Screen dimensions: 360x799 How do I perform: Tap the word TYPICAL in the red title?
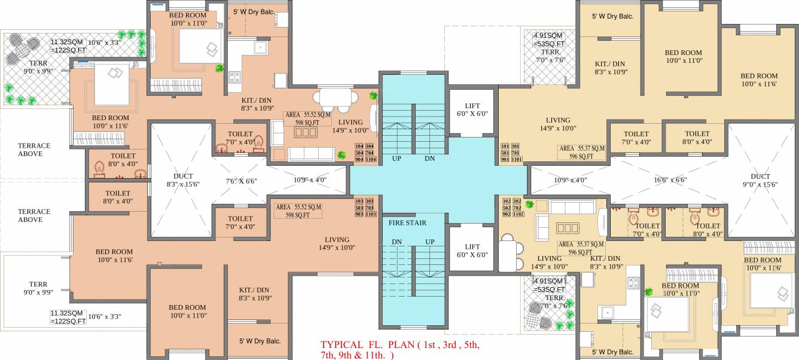click(341, 345)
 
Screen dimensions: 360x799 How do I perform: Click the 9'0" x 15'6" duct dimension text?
click(760, 185)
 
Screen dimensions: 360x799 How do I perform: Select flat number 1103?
click(370, 214)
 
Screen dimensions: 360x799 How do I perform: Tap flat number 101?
click(504, 146)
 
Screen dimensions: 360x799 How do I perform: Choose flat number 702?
click(517, 208)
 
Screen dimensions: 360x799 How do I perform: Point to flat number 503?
click(359, 208)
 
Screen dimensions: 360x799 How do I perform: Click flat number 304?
click(369, 147)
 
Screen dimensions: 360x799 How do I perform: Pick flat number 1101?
click(517, 159)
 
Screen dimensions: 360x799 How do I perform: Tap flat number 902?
click(507, 214)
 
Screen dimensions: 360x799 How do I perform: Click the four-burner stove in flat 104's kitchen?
click(234, 77)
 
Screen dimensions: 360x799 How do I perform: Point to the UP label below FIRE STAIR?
click(429, 242)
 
